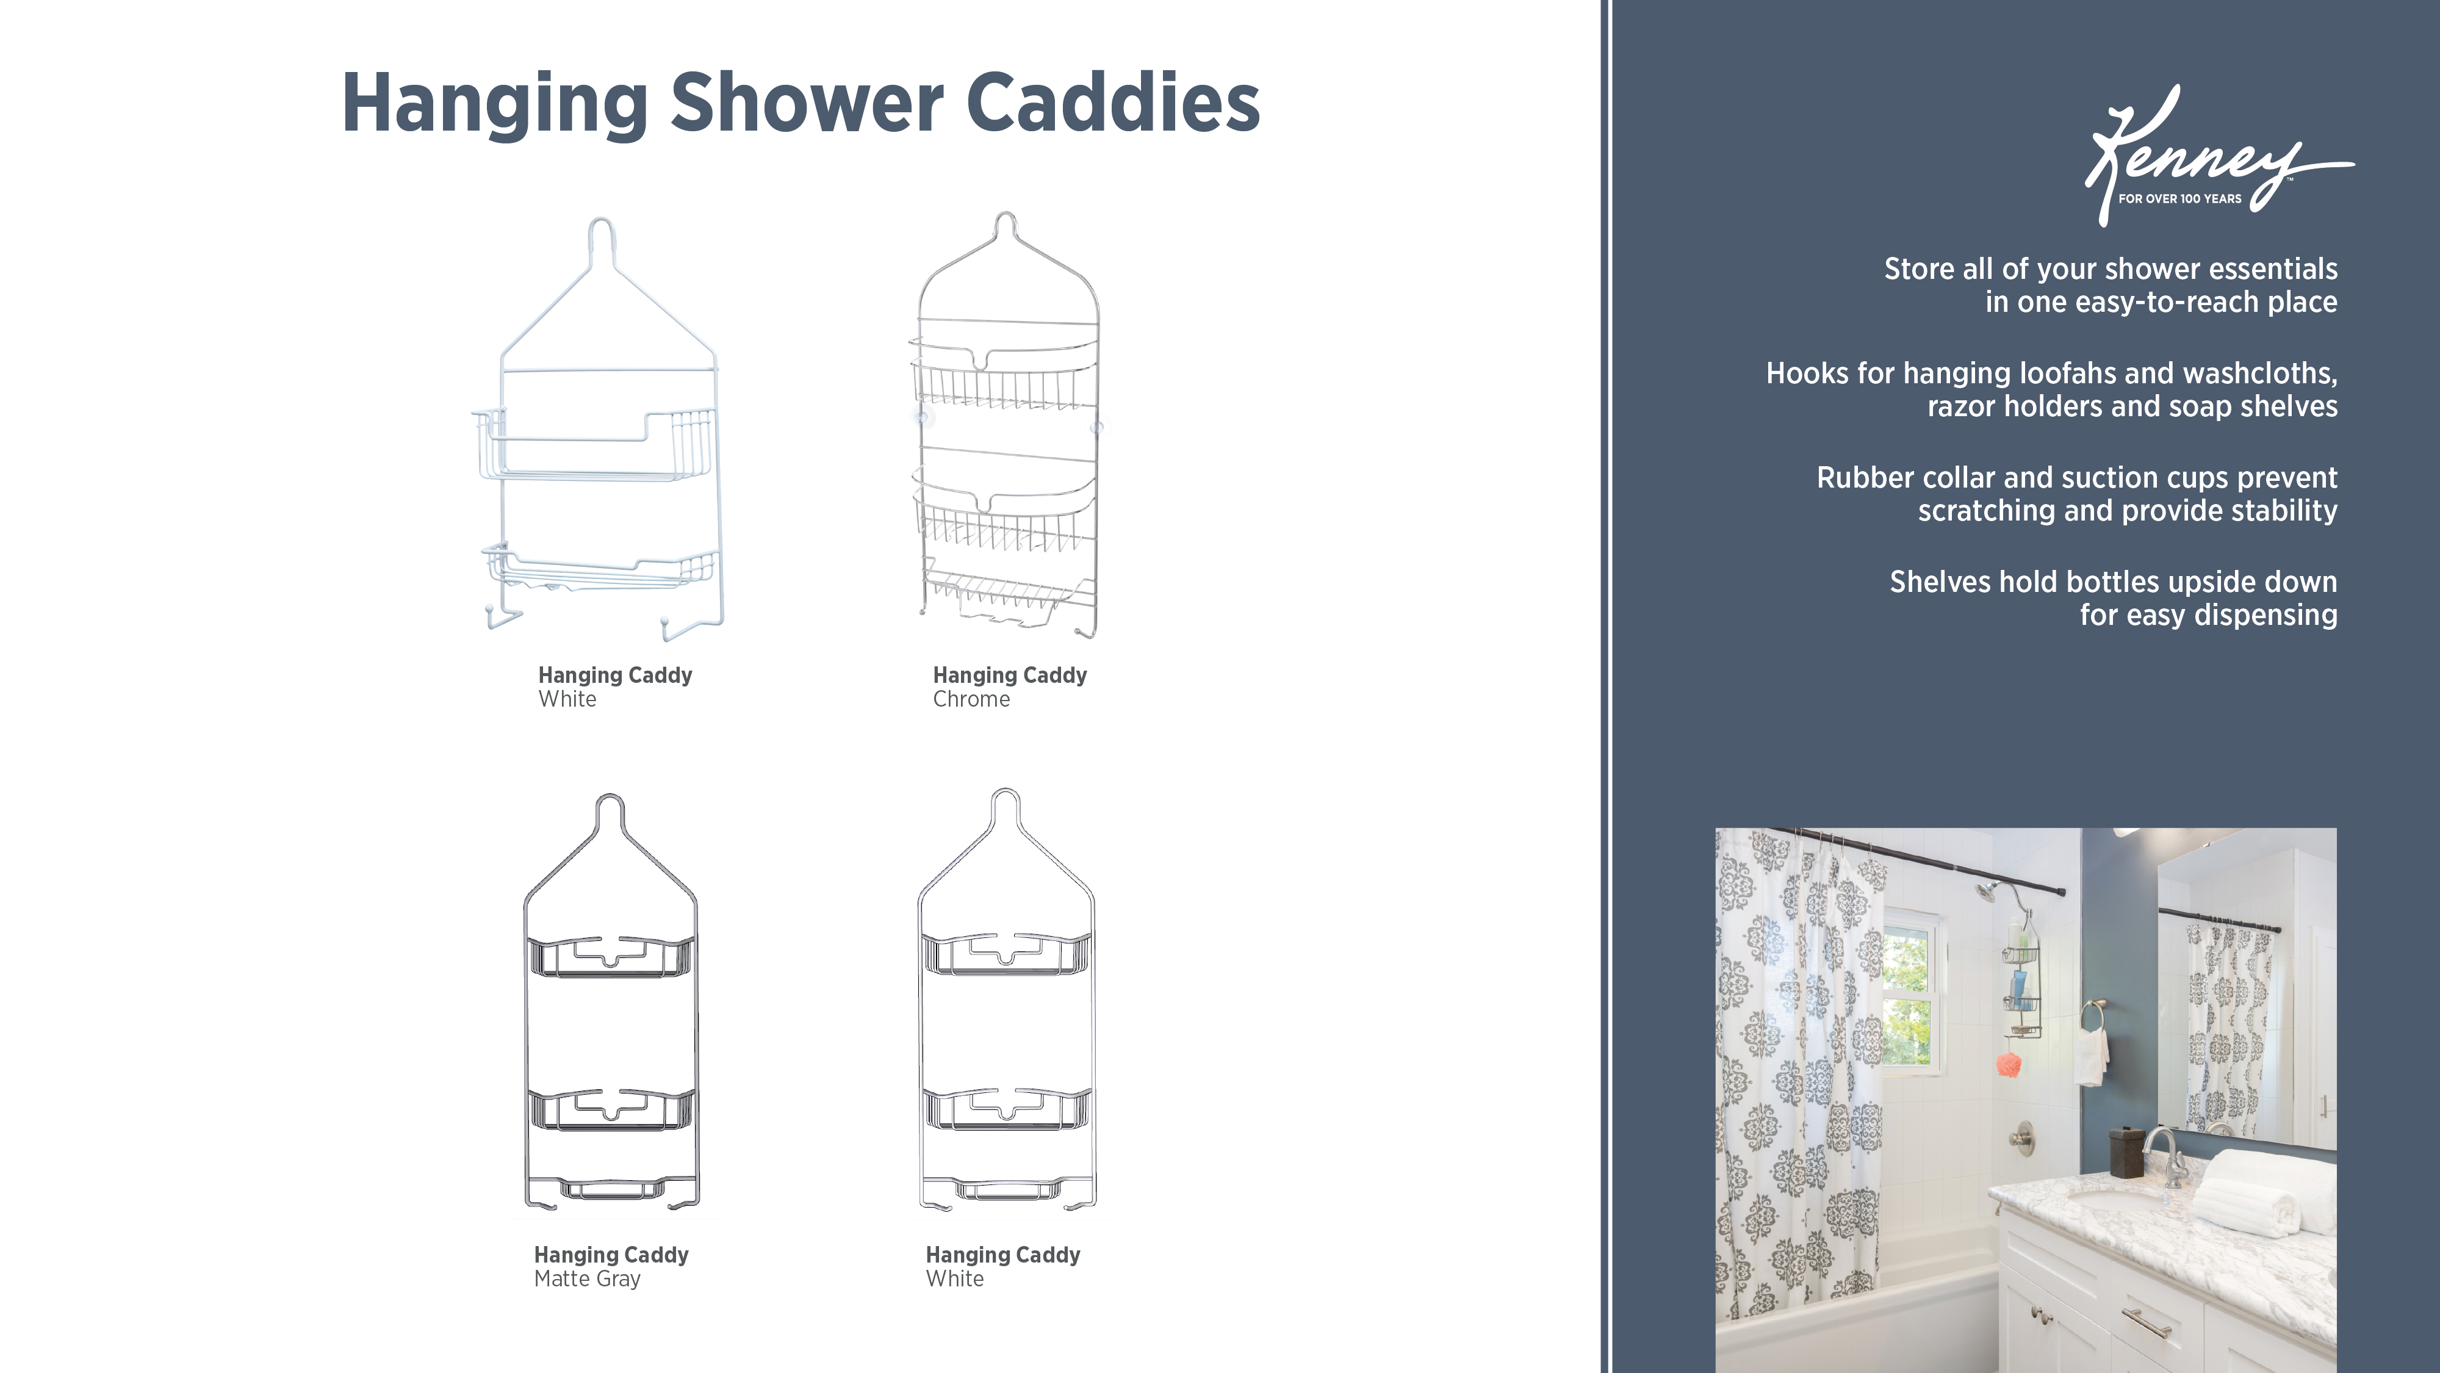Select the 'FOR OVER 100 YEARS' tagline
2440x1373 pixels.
coord(2179,199)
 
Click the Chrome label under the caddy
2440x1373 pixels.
coord(971,699)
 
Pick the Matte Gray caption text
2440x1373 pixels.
coord(587,1279)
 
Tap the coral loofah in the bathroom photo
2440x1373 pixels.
coord(2008,1064)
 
